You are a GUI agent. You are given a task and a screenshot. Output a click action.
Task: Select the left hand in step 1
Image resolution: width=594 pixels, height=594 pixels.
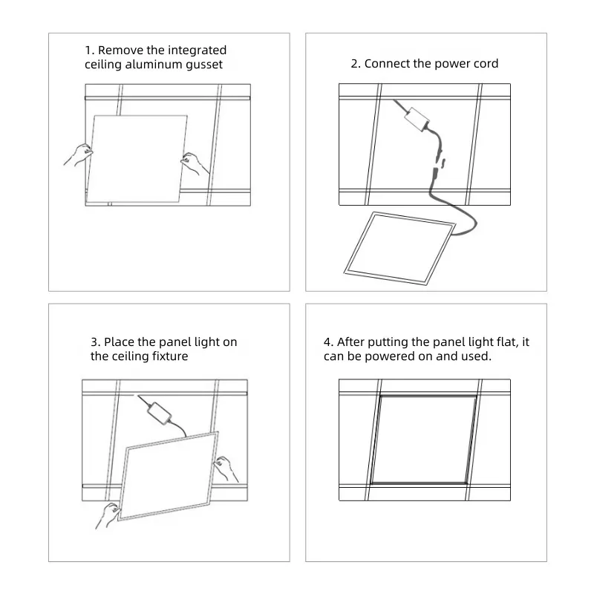(77, 157)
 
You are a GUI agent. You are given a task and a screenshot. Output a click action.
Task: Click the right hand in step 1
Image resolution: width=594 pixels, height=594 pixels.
(196, 163)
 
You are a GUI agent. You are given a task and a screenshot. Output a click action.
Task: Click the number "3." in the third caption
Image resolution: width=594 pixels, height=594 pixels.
(95, 342)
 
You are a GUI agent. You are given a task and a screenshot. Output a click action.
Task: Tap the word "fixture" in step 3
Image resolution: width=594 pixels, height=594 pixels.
(169, 356)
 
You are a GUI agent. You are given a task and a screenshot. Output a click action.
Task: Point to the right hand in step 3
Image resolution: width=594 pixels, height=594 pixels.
(224, 469)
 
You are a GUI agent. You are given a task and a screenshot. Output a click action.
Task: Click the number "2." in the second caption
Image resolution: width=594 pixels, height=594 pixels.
(356, 64)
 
